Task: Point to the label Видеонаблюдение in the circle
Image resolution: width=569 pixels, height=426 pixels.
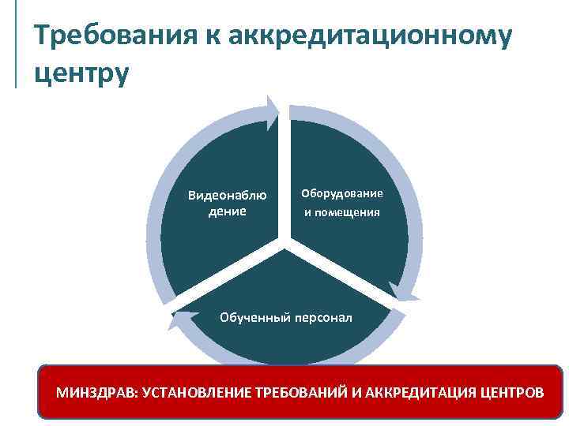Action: (227, 203)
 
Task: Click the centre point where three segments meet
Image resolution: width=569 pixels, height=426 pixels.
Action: (284, 241)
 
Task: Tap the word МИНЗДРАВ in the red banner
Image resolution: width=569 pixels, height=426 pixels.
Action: (94, 391)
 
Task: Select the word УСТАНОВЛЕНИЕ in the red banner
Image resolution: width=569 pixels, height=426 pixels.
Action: (193, 391)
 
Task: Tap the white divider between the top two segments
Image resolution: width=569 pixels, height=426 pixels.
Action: (284, 174)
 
